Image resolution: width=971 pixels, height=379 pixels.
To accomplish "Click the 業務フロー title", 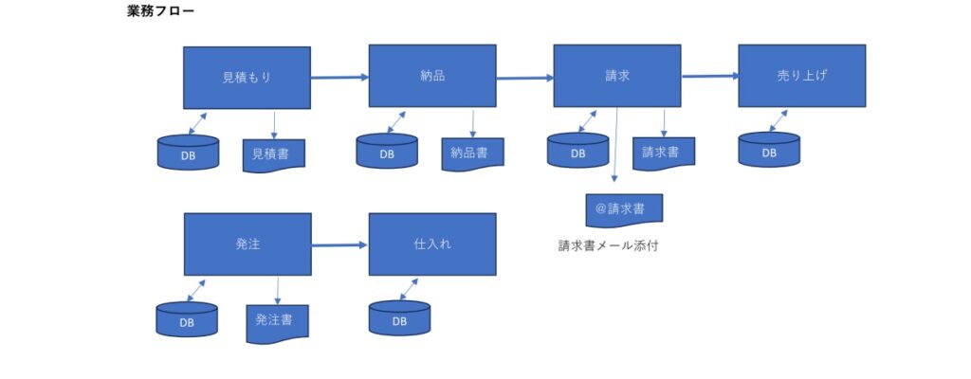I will [x=161, y=12].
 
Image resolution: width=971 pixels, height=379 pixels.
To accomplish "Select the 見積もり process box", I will [x=247, y=77].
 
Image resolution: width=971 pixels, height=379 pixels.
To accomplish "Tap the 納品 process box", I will [x=431, y=76].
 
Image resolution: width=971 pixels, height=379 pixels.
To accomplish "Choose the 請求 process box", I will [x=616, y=76].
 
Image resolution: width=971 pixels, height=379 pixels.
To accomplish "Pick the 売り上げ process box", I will [x=801, y=76].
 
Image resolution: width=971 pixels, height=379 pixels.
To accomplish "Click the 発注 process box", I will [x=247, y=244].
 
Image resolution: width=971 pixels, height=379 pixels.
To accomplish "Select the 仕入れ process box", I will [x=431, y=244].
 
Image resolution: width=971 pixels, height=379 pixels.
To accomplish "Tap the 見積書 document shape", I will [x=273, y=153].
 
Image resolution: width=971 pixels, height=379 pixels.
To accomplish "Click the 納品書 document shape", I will [x=471, y=153].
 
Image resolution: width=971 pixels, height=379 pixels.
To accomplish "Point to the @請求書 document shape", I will [x=624, y=208].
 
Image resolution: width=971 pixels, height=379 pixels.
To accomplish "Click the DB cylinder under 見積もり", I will [x=188, y=153].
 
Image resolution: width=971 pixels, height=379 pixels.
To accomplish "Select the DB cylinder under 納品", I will [x=387, y=152].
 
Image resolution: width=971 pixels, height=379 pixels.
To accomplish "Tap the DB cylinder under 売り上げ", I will [x=768, y=152].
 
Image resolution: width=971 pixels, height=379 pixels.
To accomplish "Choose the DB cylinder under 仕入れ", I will [x=398, y=319].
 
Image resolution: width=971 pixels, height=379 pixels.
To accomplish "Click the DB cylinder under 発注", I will [x=187, y=319].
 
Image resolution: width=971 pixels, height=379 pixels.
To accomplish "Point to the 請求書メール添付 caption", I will [x=608, y=246].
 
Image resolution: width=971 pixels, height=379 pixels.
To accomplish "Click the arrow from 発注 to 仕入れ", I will [x=339, y=244].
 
